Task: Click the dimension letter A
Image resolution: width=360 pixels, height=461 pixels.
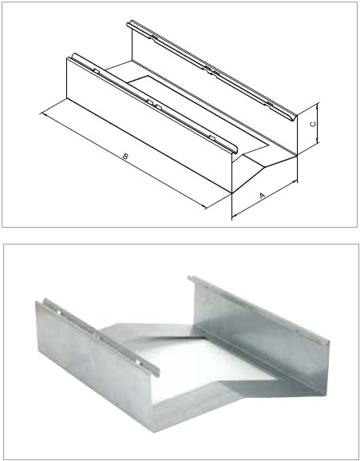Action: point(263,195)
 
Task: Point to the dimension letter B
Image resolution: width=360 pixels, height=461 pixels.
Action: point(125,157)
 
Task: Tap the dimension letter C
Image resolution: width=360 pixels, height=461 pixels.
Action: point(313,124)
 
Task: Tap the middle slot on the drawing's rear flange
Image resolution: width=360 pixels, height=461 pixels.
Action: point(212,70)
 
